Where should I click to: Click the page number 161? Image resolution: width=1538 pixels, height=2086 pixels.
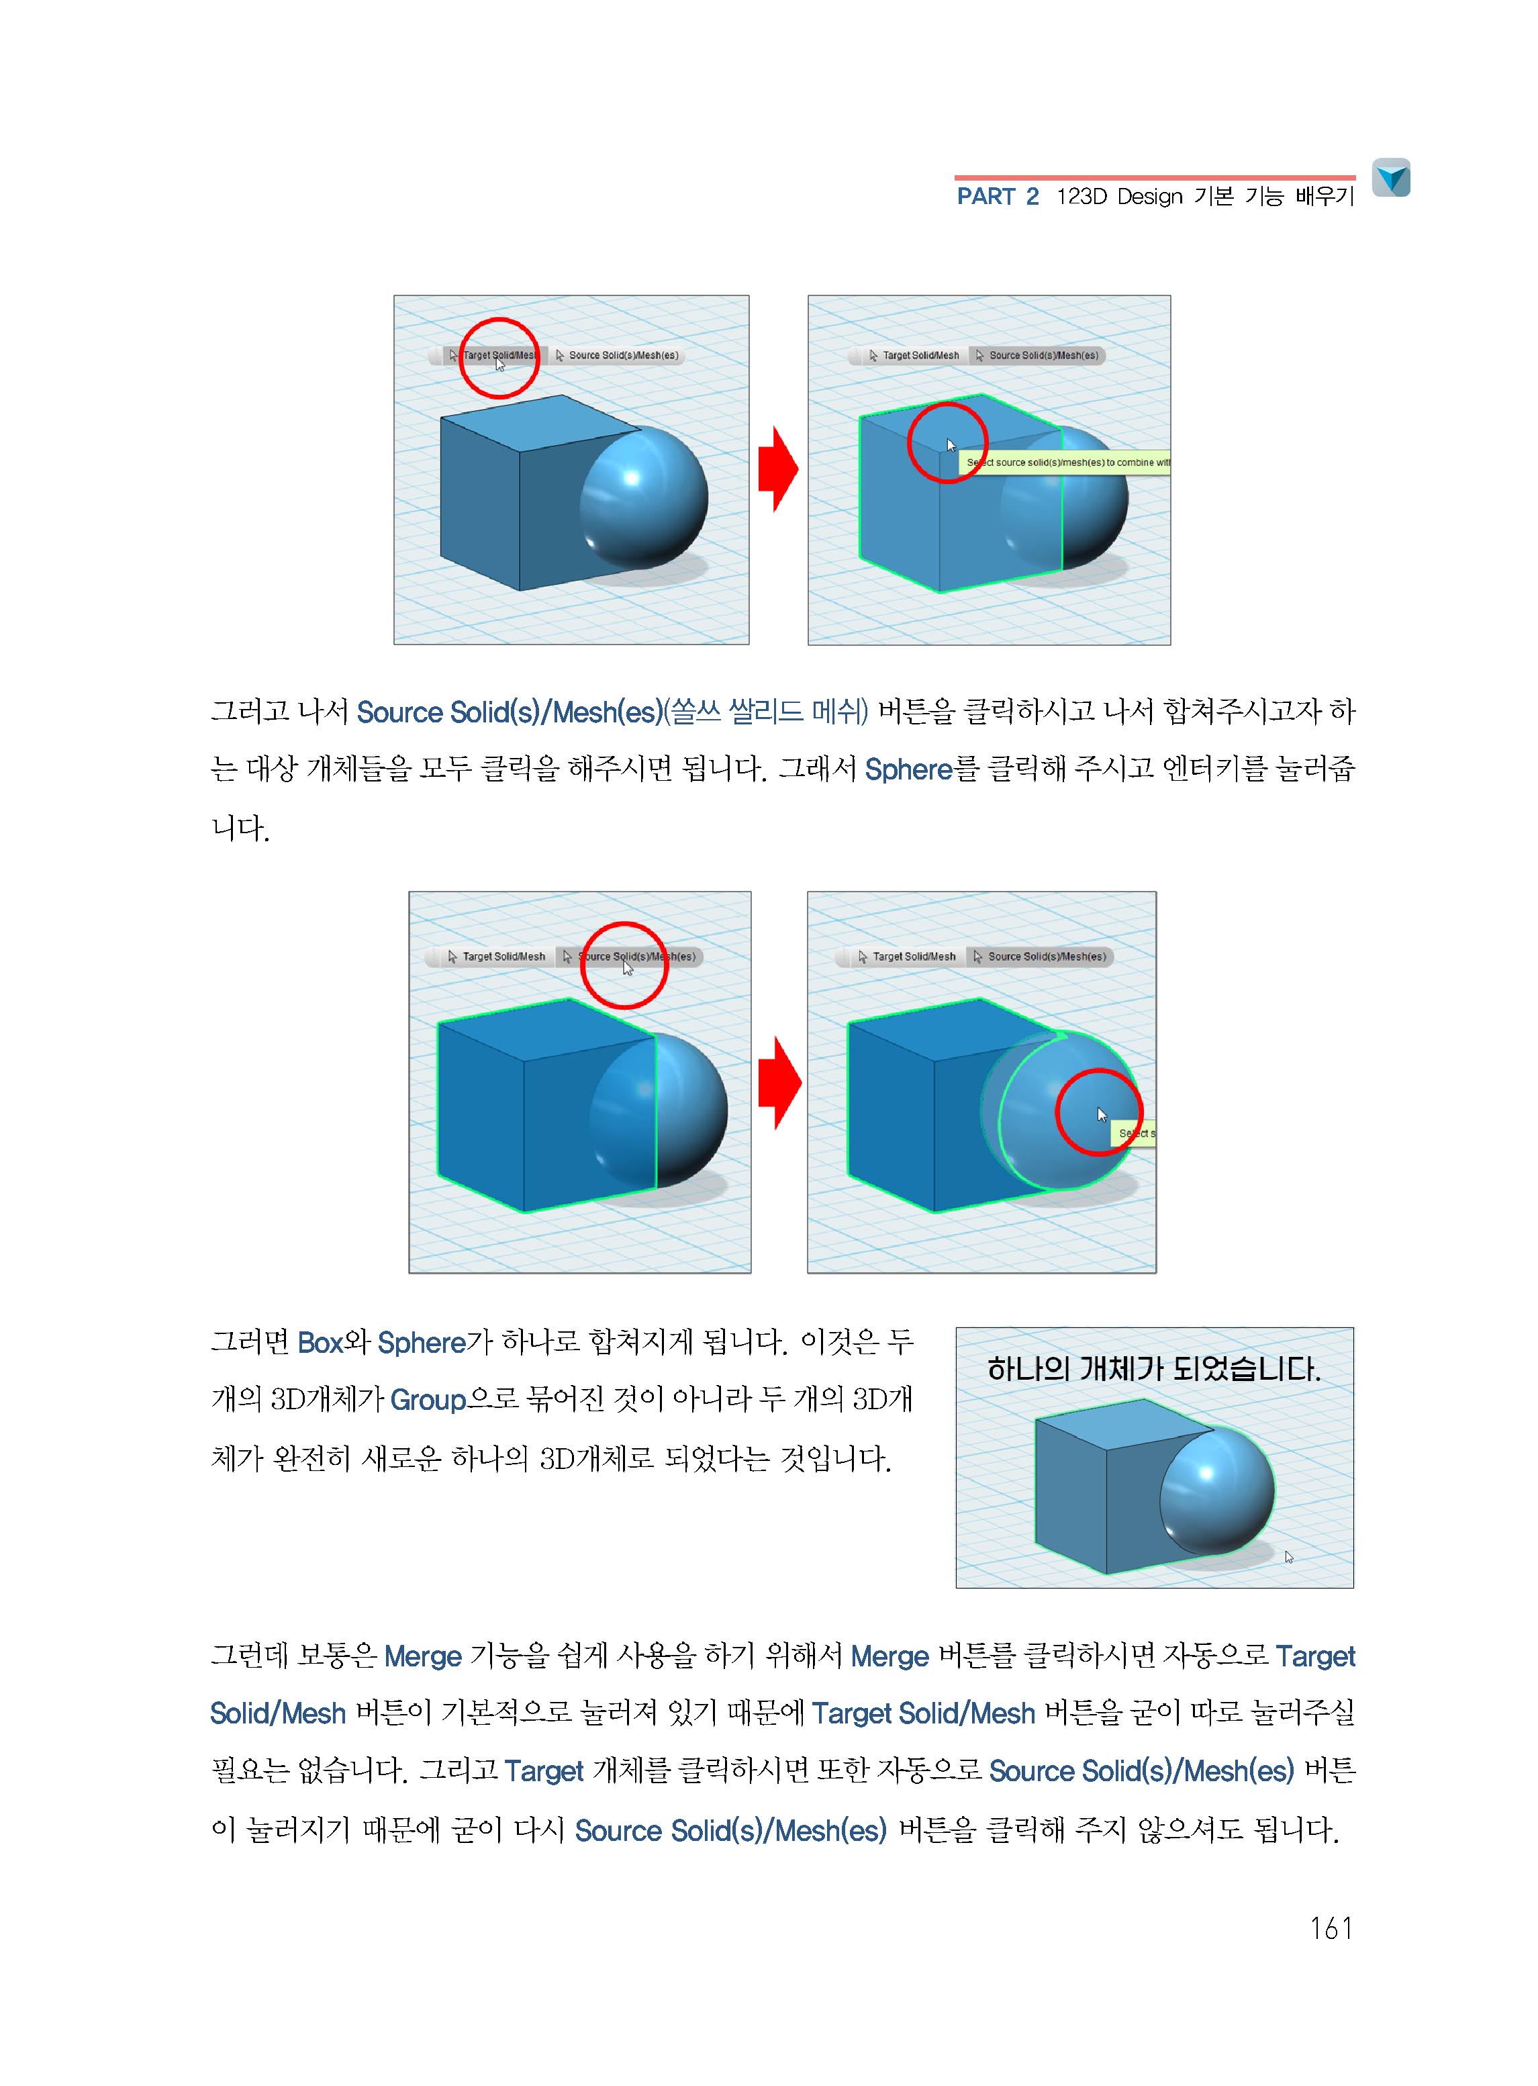[1331, 1927]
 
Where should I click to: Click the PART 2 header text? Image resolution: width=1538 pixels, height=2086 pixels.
[997, 197]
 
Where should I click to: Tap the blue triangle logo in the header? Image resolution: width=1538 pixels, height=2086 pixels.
[1391, 178]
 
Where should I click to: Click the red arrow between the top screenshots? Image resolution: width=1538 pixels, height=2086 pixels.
[777, 469]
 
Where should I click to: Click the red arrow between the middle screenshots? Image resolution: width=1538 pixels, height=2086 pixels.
[779, 1082]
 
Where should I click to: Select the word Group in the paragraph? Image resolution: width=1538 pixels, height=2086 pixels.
[428, 1400]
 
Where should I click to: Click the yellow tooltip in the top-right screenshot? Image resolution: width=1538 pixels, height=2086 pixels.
[1071, 463]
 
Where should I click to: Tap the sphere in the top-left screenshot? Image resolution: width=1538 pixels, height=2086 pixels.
[644, 498]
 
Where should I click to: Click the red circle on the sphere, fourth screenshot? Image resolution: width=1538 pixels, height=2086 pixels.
[1098, 1112]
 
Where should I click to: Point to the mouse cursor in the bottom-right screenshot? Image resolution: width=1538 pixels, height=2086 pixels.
[1288, 1556]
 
